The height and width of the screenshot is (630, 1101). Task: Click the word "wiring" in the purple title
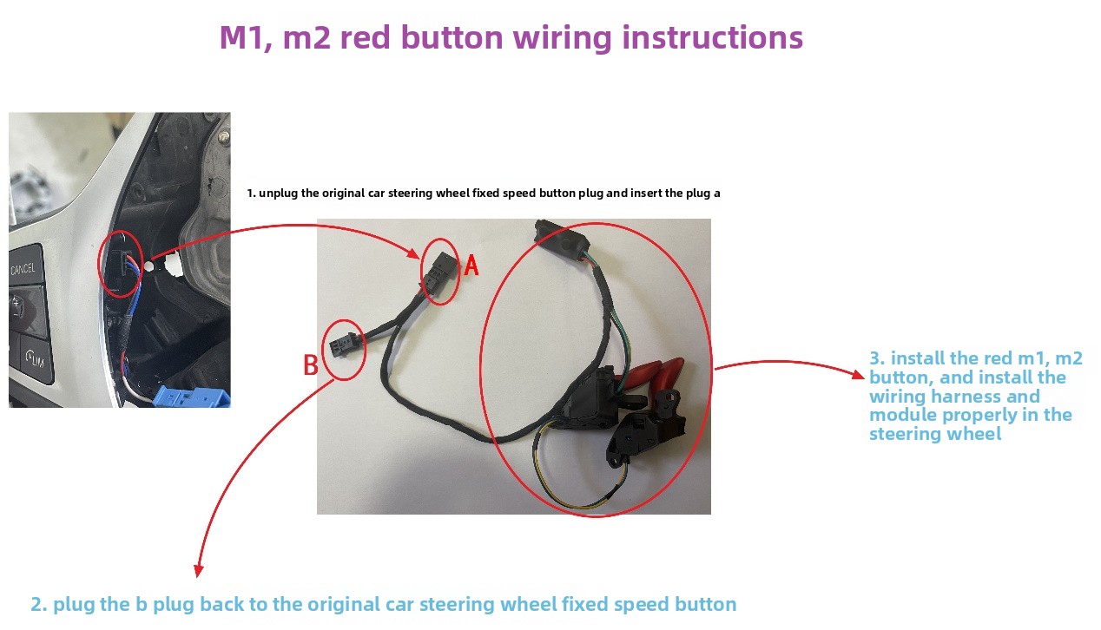(x=560, y=38)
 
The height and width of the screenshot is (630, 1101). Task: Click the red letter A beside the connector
(x=471, y=266)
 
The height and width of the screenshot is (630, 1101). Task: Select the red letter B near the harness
(x=311, y=364)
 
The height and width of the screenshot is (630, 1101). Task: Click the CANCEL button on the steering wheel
(x=24, y=268)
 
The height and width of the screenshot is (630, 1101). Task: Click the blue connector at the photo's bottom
(x=191, y=397)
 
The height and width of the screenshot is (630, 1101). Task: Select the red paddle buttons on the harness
(x=650, y=374)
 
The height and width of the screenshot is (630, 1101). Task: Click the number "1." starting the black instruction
(x=251, y=193)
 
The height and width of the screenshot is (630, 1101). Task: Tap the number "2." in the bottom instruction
(x=39, y=604)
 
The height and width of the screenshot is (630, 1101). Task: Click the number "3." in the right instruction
(x=877, y=358)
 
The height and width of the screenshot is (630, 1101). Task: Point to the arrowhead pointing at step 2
(x=198, y=571)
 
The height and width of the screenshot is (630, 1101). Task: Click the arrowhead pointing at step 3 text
(x=858, y=375)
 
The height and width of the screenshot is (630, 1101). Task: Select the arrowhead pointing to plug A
(x=413, y=254)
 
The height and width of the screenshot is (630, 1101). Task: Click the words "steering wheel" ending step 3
(x=935, y=434)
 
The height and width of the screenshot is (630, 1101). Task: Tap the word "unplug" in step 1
(x=278, y=194)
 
